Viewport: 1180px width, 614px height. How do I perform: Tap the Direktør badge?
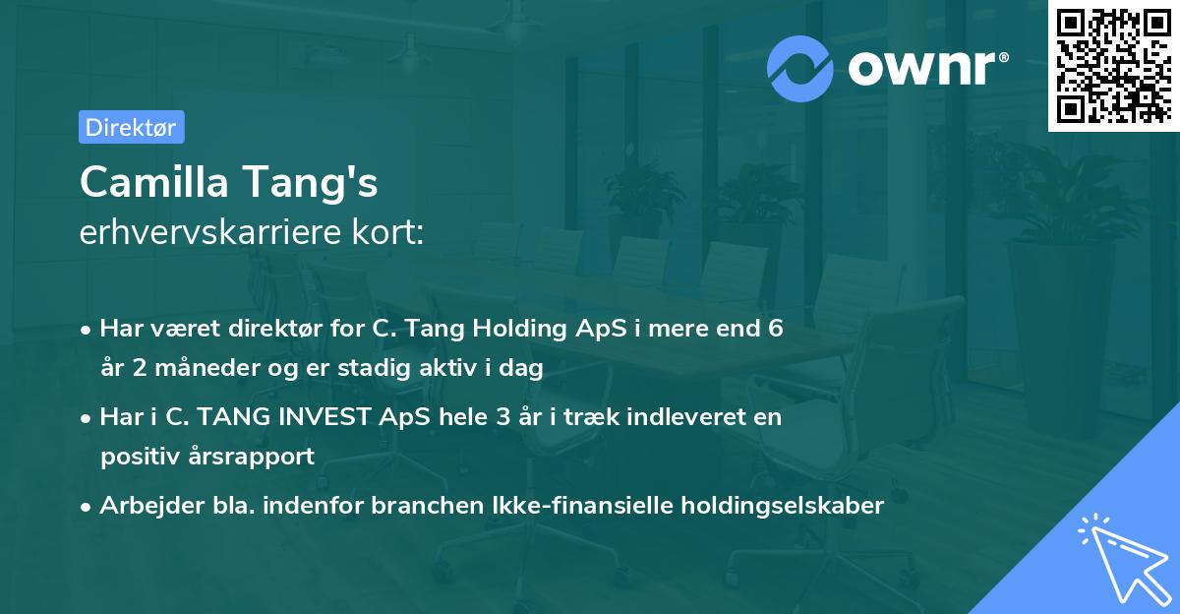pyautogui.click(x=131, y=127)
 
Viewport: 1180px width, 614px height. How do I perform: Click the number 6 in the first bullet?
pyautogui.click(x=775, y=329)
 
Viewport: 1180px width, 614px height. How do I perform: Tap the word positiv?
pyautogui.click(x=139, y=457)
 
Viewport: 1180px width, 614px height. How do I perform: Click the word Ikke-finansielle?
pyautogui.click(x=599, y=506)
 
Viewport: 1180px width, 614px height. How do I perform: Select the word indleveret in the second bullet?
pyautogui.click(x=670, y=417)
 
